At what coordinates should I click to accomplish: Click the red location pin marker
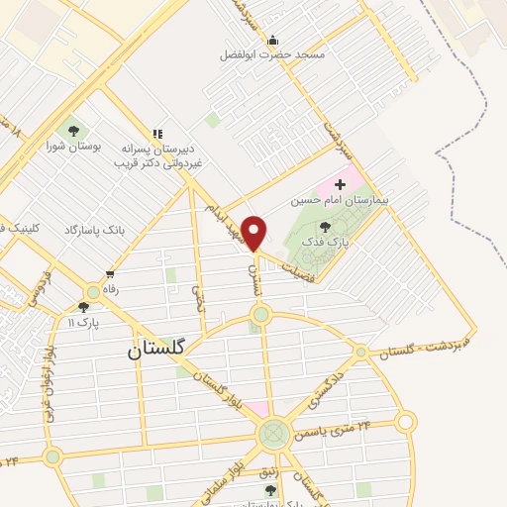click(x=254, y=234)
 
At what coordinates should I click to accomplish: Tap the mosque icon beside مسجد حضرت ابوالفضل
click(x=273, y=40)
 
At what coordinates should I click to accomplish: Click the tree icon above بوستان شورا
click(x=71, y=130)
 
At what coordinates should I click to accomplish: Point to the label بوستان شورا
click(x=71, y=148)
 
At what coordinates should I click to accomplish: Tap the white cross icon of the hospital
click(x=341, y=184)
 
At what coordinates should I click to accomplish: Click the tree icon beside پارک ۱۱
click(x=83, y=307)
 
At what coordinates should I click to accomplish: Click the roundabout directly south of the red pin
click(x=260, y=316)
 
